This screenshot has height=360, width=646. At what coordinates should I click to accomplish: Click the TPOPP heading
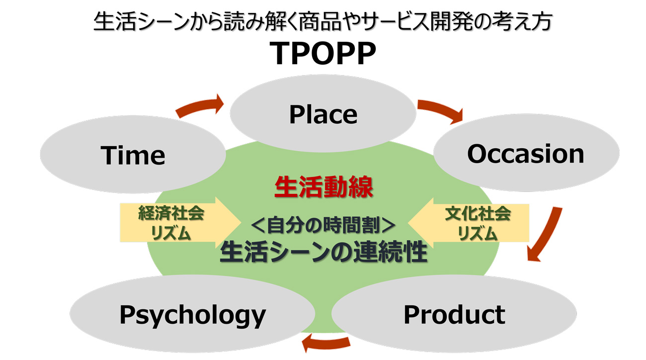click(x=323, y=54)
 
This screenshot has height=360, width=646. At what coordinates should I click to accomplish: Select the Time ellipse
click(x=133, y=155)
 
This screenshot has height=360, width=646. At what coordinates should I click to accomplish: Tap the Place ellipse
click(x=323, y=114)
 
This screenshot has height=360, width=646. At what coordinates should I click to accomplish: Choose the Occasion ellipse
click(x=526, y=154)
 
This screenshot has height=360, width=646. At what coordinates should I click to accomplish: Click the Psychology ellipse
click(x=192, y=315)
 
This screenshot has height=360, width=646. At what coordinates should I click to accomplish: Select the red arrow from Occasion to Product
click(x=546, y=234)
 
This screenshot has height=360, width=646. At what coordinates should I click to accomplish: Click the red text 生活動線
click(x=323, y=187)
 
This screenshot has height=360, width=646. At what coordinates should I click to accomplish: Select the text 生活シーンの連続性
click(x=323, y=252)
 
